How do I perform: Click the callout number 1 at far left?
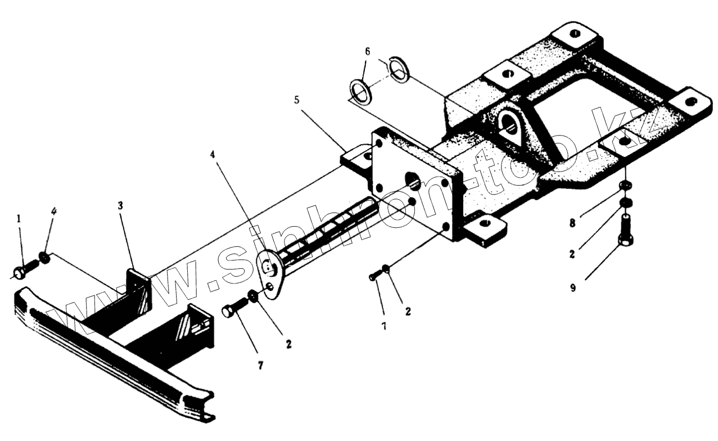coord(19,218)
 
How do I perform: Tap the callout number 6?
coord(367,51)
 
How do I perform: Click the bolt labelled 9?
coord(626,231)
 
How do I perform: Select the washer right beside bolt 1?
coord(43,259)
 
